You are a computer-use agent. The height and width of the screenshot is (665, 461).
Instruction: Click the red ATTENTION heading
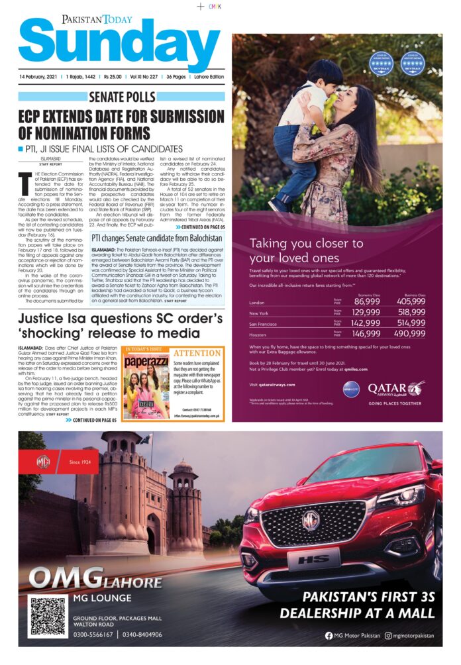coord(197,353)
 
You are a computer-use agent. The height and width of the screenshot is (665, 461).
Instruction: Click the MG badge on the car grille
coord(311,519)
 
